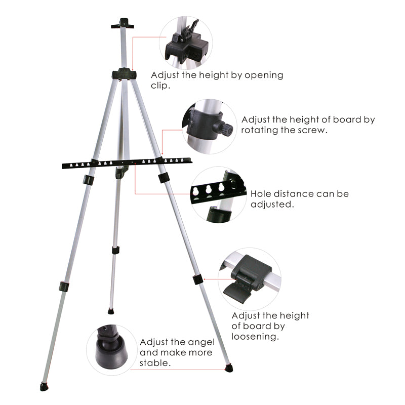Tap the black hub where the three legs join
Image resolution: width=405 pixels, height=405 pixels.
click(x=125, y=74)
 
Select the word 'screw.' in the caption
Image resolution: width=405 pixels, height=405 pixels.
click(x=315, y=130)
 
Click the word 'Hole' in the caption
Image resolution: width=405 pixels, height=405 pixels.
click(x=262, y=194)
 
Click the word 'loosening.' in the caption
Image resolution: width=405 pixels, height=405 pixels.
click(x=255, y=336)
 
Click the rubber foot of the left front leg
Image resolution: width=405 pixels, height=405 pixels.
click(x=44, y=387)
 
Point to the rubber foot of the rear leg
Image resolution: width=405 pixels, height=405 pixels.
click(x=111, y=310)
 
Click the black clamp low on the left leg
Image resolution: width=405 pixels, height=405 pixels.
click(x=63, y=286)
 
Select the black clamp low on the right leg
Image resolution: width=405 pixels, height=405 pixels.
click(x=197, y=279)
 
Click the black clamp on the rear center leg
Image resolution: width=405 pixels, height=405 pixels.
click(x=115, y=250)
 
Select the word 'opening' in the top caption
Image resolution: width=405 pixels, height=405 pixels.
click(x=264, y=75)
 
